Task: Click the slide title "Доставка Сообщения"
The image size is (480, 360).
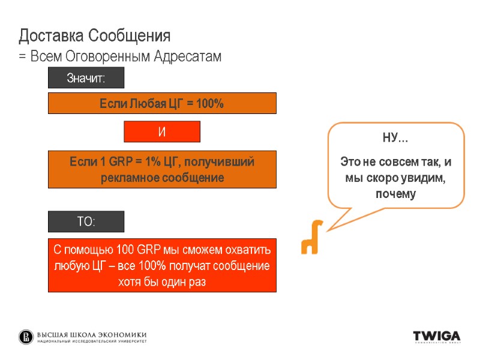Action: click(x=95, y=36)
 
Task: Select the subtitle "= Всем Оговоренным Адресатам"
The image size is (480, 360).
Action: click(x=120, y=57)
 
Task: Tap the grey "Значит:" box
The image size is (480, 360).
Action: click(x=86, y=78)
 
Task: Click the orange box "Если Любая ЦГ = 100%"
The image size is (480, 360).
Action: click(x=162, y=103)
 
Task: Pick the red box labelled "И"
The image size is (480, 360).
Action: click(x=161, y=132)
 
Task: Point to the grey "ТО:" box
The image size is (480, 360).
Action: click(x=86, y=221)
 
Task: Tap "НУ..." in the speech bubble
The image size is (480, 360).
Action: click(x=395, y=140)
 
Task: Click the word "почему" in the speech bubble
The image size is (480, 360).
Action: click(x=395, y=194)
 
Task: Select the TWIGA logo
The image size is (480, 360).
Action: click(x=437, y=336)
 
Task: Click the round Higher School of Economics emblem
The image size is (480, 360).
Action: click(x=26, y=337)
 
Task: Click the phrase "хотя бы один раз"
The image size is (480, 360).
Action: click(x=162, y=282)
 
